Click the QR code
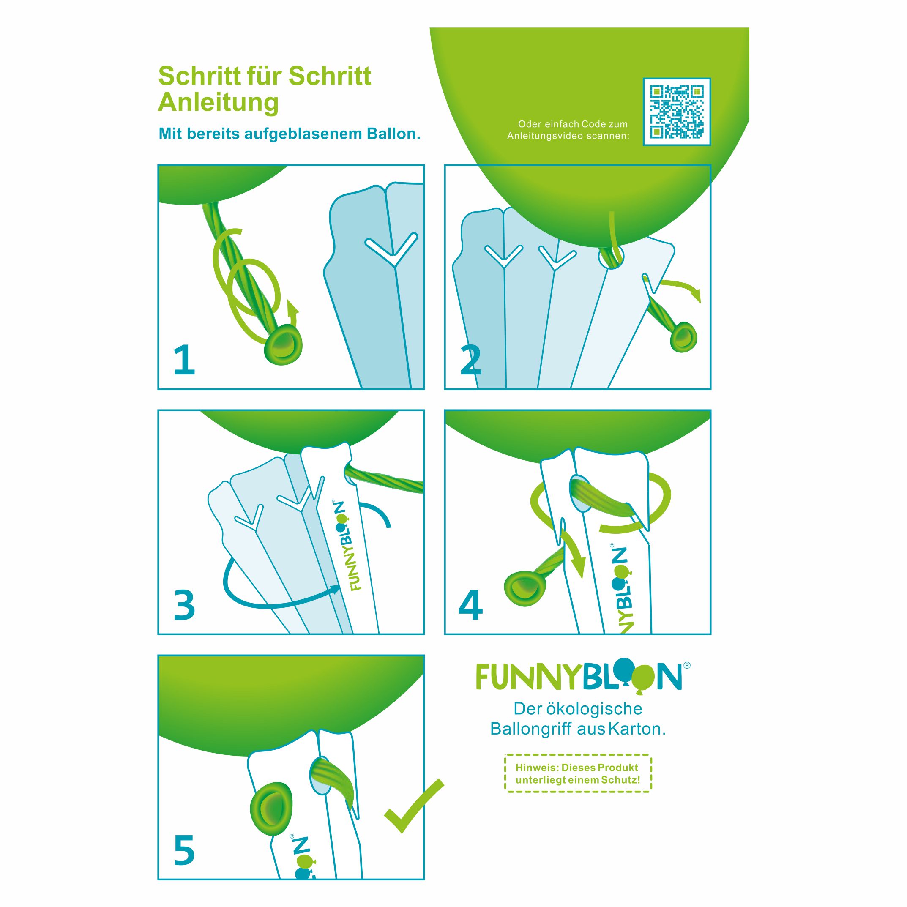(677, 112)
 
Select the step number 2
(471, 360)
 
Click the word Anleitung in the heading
(219, 102)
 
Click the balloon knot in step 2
(683, 336)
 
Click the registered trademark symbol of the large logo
(687, 665)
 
